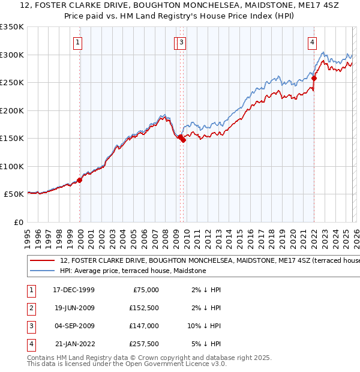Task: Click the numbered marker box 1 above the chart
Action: point(79,42)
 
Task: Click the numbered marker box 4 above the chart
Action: point(313,42)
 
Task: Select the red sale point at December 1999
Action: point(79,180)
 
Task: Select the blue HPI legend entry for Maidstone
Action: point(133,271)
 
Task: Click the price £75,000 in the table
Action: point(145,290)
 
